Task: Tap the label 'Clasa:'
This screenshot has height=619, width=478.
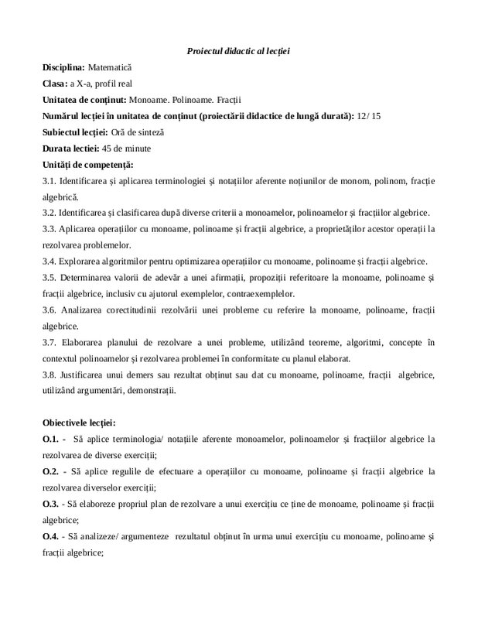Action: click(x=56, y=84)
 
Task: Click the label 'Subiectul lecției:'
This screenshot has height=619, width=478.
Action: click(x=76, y=132)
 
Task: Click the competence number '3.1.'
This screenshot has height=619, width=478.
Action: click(x=51, y=181)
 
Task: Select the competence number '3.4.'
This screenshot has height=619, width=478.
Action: click(x=51, y=261)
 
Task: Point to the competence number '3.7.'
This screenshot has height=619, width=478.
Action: click(x=51, y=343)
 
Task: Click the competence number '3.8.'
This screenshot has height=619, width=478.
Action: click(x=51, y=374)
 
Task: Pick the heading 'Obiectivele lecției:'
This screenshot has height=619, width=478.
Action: click(x=79, y=423)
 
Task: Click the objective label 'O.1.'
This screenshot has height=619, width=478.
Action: click(x=53, y=439)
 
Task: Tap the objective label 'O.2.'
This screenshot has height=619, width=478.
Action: click(x=53, y=471)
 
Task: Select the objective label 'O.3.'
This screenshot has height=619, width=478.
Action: click(x=53, y=504)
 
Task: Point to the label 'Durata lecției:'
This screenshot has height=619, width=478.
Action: click(x=71, y=149)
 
